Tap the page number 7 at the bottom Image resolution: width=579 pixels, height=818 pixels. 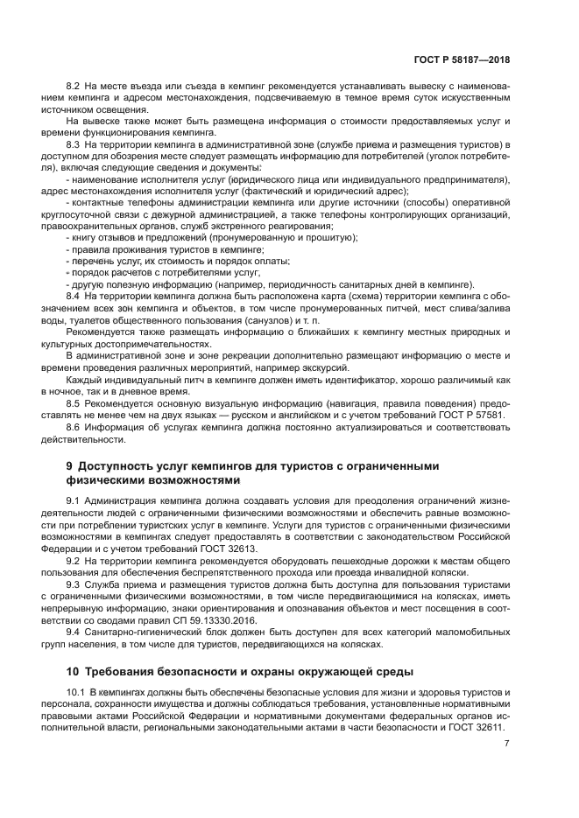[x=506, y=744]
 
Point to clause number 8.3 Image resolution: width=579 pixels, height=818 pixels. [x=74, y=143]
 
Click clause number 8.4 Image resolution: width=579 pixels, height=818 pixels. [x=74, y=297]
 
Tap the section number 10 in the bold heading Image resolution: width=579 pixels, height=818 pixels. [x=74, y=672]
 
